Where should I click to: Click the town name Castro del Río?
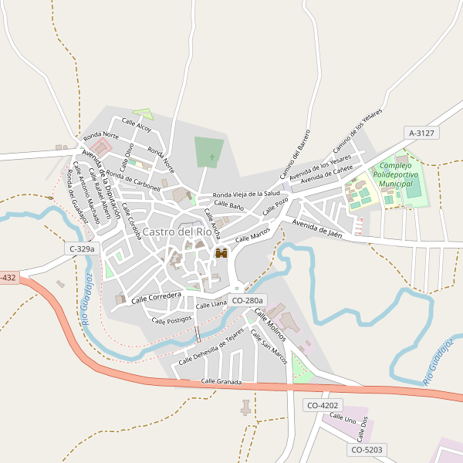(177, 231)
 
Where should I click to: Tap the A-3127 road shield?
(421, 133)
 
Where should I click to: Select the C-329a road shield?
(81, 248)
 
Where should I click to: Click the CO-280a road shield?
(248, 300)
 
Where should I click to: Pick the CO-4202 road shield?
(323, 405)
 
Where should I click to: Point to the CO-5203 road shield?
(367, 449)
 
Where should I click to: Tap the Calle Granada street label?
(221, 382)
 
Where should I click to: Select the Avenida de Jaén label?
(316, 227)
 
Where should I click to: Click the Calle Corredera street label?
(156, 297)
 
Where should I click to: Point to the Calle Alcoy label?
(137, 126)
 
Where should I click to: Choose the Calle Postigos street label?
(171, 319)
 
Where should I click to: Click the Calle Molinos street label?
(270, 325)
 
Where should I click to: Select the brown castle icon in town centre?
(221, 253)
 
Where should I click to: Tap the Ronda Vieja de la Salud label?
(246, 194)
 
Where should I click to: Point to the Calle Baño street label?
(229, 205)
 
